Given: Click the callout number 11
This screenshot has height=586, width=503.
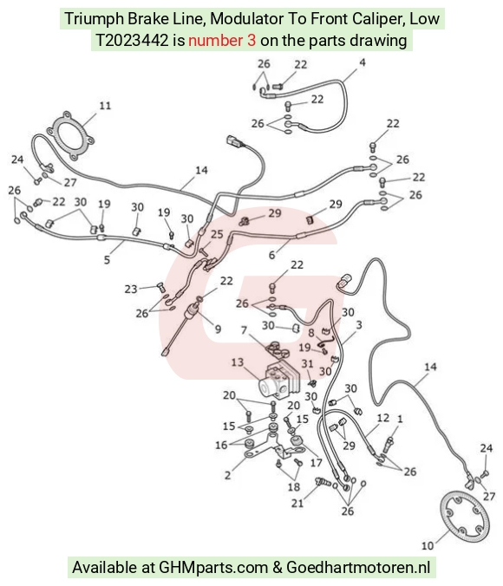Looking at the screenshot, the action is point(105,106).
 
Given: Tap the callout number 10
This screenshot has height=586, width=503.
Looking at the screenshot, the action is point(428,545).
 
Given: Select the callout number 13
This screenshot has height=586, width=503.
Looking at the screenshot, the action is point(238,362).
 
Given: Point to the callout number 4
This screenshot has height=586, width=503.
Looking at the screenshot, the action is point(362,62).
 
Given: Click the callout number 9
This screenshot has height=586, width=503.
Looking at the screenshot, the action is point(218,329).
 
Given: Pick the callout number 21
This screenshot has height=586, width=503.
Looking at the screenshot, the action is point(297,504).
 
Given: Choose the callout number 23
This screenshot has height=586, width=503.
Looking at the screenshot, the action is point(131,289).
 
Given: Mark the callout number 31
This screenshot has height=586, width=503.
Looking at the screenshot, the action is point(307,363).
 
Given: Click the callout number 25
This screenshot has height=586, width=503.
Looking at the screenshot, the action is point(217,234).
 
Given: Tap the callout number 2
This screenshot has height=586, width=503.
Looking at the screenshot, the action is point(227,475).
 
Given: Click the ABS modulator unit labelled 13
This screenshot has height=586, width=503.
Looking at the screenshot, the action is point(280,381).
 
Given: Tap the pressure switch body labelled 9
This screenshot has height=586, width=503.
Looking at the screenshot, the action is point(193,310).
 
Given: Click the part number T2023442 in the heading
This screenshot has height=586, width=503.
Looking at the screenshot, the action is point(132,41).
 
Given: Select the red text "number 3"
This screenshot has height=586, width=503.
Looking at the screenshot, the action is point(222,41).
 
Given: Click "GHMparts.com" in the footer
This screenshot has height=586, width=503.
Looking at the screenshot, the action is point(213,568).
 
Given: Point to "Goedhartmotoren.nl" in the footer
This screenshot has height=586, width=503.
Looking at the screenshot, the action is point(358,568).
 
